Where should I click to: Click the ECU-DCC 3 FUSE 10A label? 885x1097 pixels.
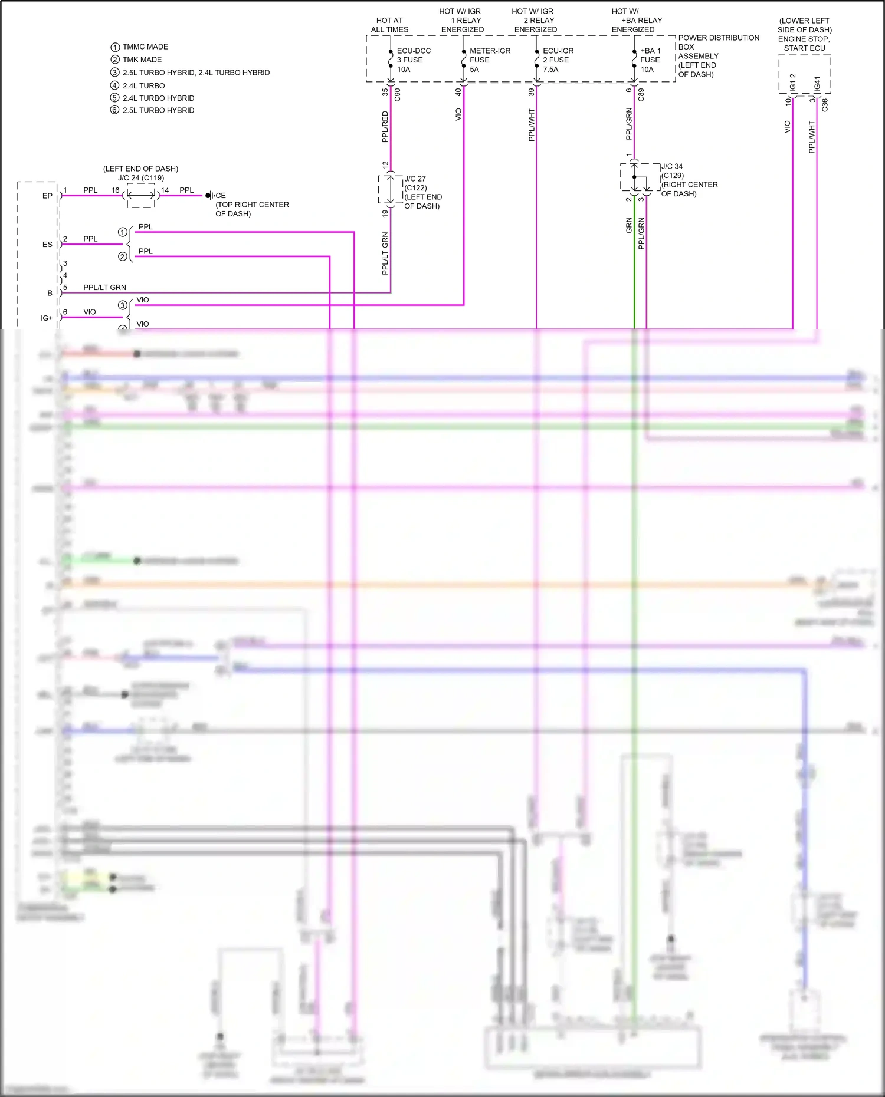(413, 60)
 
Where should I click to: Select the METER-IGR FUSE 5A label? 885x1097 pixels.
(489, 60)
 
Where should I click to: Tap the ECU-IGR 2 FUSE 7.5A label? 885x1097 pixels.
(558, 60)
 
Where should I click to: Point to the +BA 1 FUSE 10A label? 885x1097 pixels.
(650, 60)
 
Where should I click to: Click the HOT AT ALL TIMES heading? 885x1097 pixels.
(389, 25)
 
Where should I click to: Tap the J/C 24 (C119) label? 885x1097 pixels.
(140, 177)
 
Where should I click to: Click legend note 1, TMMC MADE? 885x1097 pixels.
(145, 47)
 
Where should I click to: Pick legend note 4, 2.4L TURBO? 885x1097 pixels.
(143, 85)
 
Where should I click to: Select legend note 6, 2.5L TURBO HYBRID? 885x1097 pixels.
(158, 110)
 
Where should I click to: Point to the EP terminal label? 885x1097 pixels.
(47, 196)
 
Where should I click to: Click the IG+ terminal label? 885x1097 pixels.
(47, 318)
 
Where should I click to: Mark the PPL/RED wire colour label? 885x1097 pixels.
(385, 127)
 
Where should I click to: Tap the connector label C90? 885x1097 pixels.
(397, 94)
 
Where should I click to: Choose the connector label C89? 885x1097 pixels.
(641, 94)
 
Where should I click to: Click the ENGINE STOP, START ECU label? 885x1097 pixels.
(804, 44)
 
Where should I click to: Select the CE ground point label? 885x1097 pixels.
(220, 196)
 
